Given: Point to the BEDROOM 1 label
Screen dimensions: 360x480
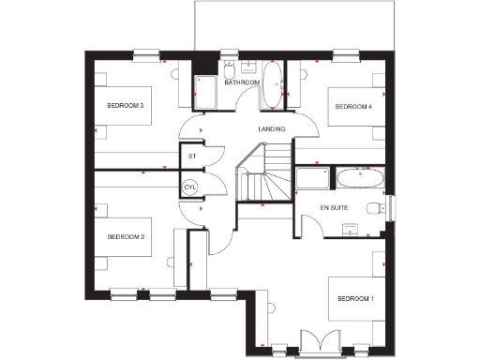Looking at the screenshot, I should [354, 298].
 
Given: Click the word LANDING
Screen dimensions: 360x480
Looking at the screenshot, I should [272, 128].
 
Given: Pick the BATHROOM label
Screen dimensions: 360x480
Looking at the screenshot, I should [241, 82].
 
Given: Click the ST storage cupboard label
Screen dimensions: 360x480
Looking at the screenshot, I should [192, 156].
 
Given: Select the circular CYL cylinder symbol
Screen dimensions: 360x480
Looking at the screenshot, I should [191, 187].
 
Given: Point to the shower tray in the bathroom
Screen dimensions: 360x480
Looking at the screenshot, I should [206, 91].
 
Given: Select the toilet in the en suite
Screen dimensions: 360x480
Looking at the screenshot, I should [376, 208].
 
